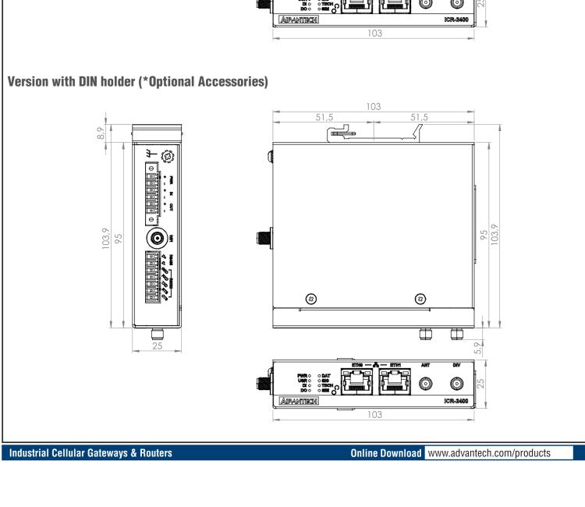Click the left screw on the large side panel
(312, 299)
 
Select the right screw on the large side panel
(420, 299)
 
